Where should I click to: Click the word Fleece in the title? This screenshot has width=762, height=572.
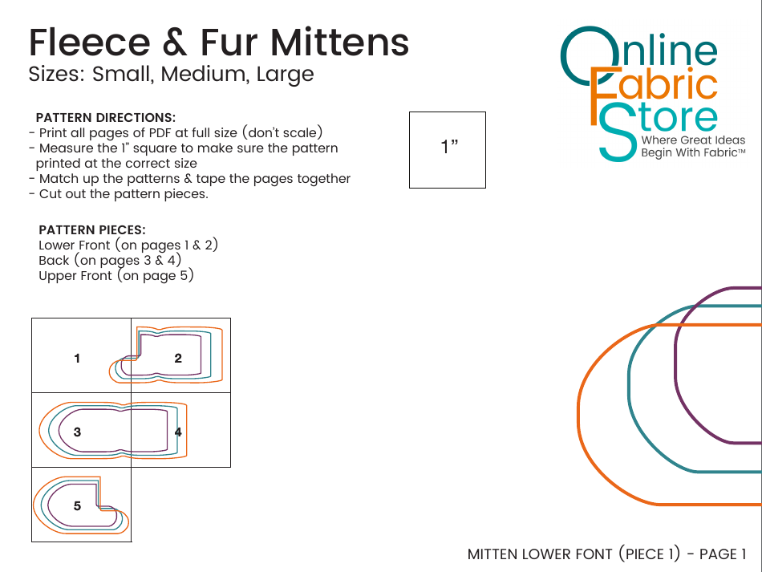tap(90, 43)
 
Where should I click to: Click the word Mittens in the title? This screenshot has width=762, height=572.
tap(340, 43)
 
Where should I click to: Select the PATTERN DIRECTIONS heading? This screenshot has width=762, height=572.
tap(105, 118)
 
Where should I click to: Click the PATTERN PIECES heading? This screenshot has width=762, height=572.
tap(92, 230)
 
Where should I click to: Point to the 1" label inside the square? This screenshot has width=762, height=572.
tap(449, 146)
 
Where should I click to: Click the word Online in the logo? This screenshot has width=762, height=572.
tap(639, 56)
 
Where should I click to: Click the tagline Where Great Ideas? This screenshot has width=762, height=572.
tap(693, 140)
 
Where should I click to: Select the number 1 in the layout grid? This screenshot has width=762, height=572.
tap(77, 359)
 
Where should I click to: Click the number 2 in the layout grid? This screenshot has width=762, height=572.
tap(178, 359)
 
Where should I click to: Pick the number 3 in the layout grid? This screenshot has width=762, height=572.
tap(77, 432)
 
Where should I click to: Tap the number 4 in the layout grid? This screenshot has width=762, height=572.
tap(178, 432)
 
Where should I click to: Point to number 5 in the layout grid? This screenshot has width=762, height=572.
tap(77, 506)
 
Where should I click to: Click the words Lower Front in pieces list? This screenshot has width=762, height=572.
tap(75, 245)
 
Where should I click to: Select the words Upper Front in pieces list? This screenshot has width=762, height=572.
tap(75, 276)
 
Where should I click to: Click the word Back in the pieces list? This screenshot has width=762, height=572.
tap(54, 261)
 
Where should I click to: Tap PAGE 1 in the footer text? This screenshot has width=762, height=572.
tap(722, 554)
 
